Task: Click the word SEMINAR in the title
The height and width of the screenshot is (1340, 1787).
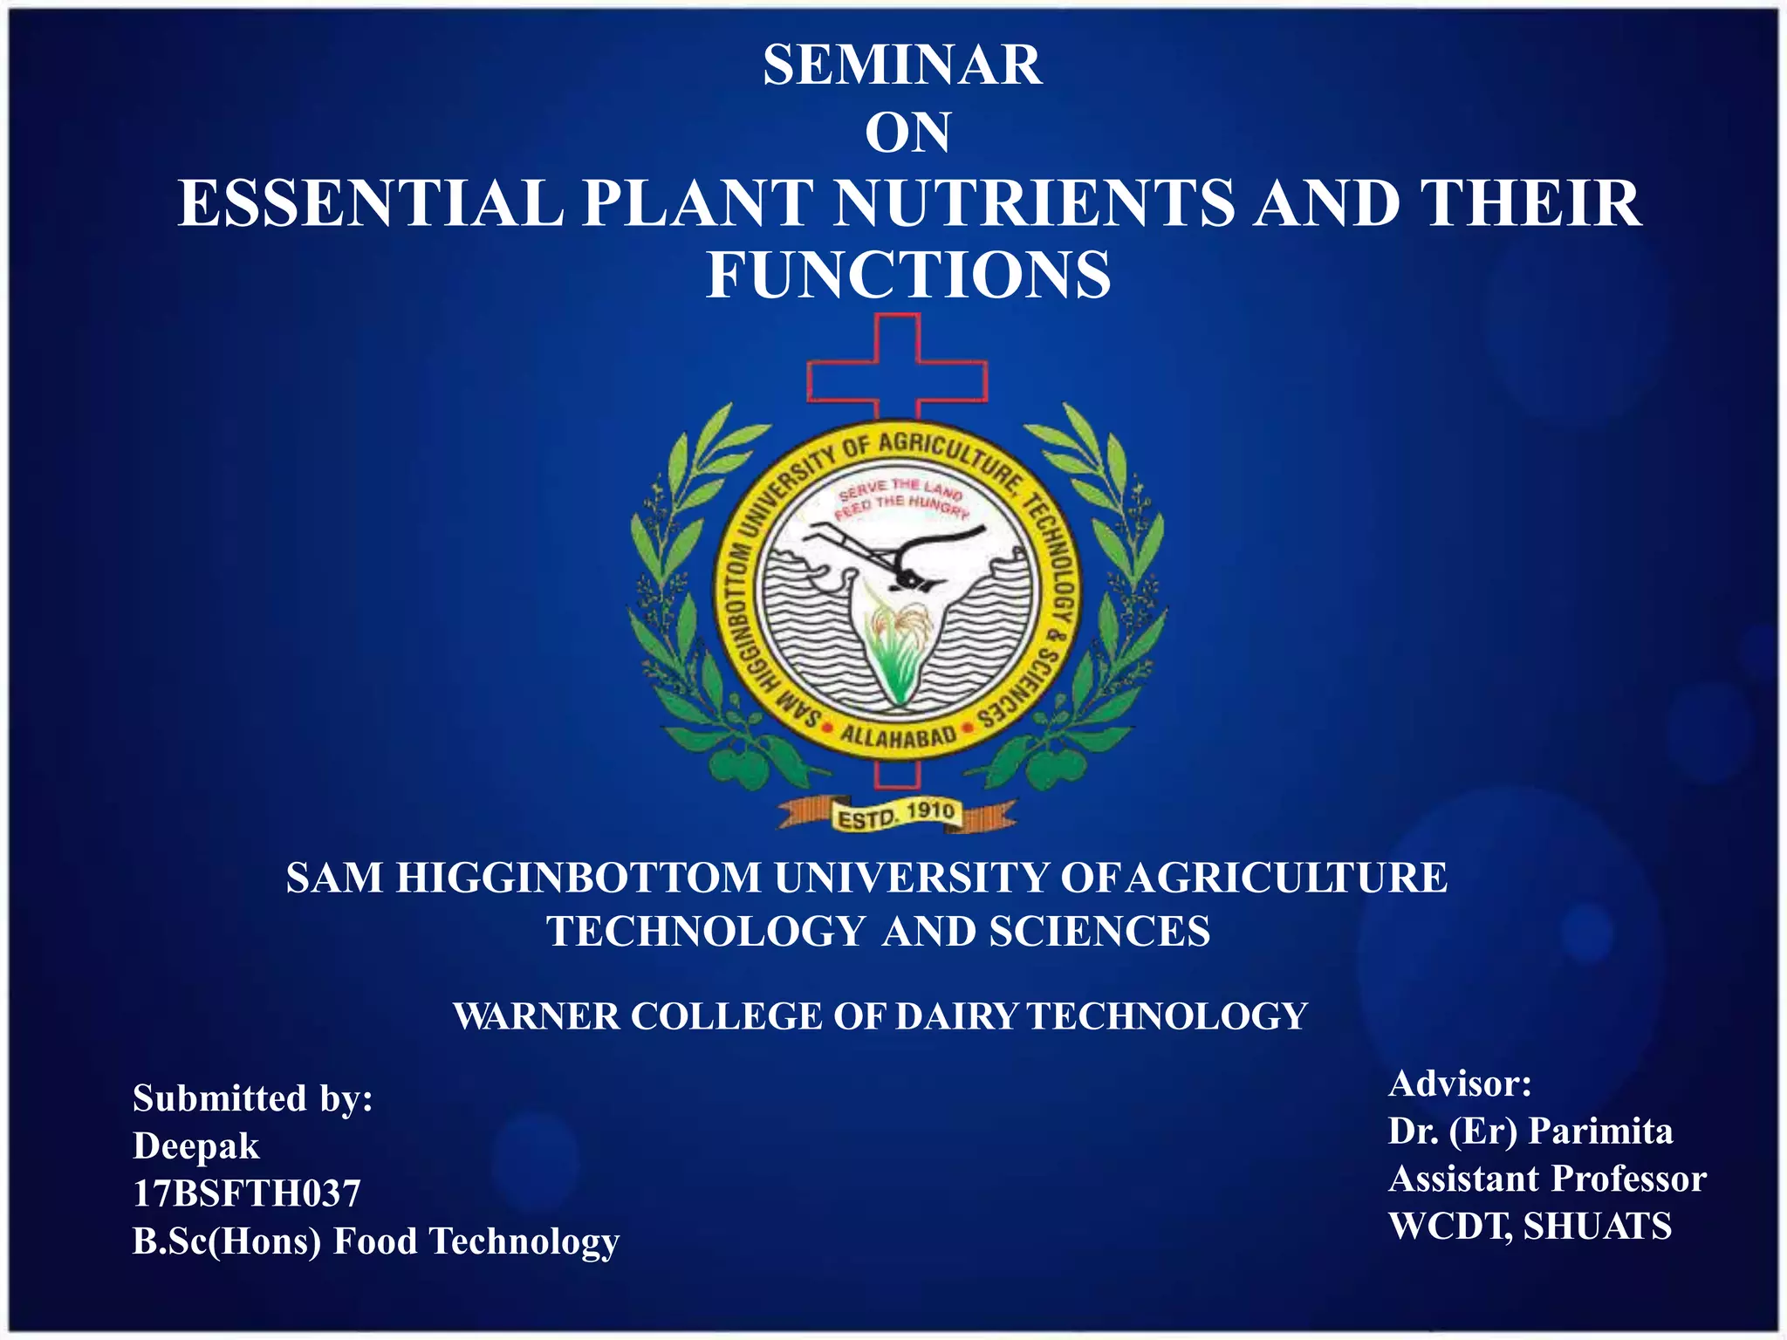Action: (902, 65)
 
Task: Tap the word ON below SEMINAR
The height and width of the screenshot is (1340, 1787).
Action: (907, 133)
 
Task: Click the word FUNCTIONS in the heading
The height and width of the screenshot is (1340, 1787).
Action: (908, 275)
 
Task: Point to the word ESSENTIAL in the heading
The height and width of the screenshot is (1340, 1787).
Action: (370, 203)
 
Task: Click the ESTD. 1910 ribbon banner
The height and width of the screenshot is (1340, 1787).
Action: (897, 816)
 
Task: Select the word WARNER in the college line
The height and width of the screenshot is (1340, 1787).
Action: (536, 1016)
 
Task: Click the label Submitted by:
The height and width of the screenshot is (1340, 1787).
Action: (252, 1098)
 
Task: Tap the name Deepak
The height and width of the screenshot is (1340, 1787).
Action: (195, 1146)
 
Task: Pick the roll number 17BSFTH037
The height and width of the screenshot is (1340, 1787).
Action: (246, 1193)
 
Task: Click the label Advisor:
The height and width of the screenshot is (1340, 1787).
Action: (1459, 1084)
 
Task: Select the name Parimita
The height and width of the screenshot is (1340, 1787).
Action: (1600, 1131)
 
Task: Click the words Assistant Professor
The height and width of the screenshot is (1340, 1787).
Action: (1546, 1179)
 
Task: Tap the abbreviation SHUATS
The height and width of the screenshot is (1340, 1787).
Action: (1597, 1226)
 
